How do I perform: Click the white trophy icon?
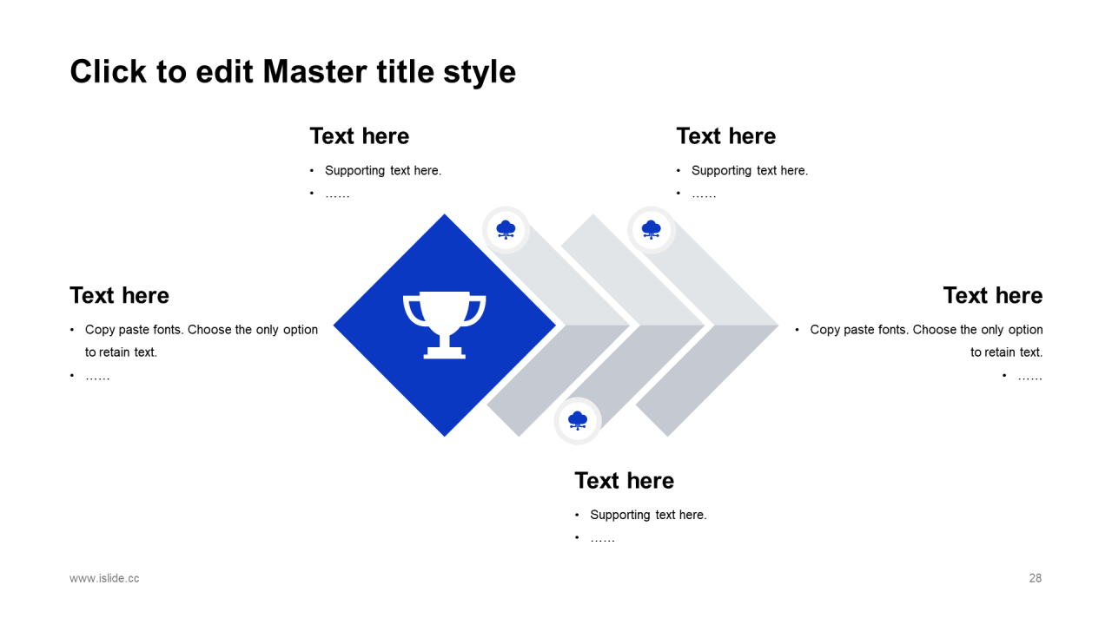[444, 325]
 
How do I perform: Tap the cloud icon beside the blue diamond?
[506, 230]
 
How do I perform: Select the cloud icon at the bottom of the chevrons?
[578, 421]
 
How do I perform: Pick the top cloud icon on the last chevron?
[651, 230]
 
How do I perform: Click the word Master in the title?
[315, 72]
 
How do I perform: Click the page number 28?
[1035, 578]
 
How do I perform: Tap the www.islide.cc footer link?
[104, 578]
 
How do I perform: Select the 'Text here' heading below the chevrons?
[624, 481]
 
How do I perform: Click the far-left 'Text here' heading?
[119, 295]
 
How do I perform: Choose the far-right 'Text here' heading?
[993, 295]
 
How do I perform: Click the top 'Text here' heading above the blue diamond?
[360, 136]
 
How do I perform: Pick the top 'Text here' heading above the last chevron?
[725, 136]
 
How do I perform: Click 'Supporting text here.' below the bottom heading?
[648, 515]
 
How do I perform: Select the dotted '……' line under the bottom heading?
[602, 540]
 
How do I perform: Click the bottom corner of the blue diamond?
[444, 437]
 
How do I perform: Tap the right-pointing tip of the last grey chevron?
[778, 326]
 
